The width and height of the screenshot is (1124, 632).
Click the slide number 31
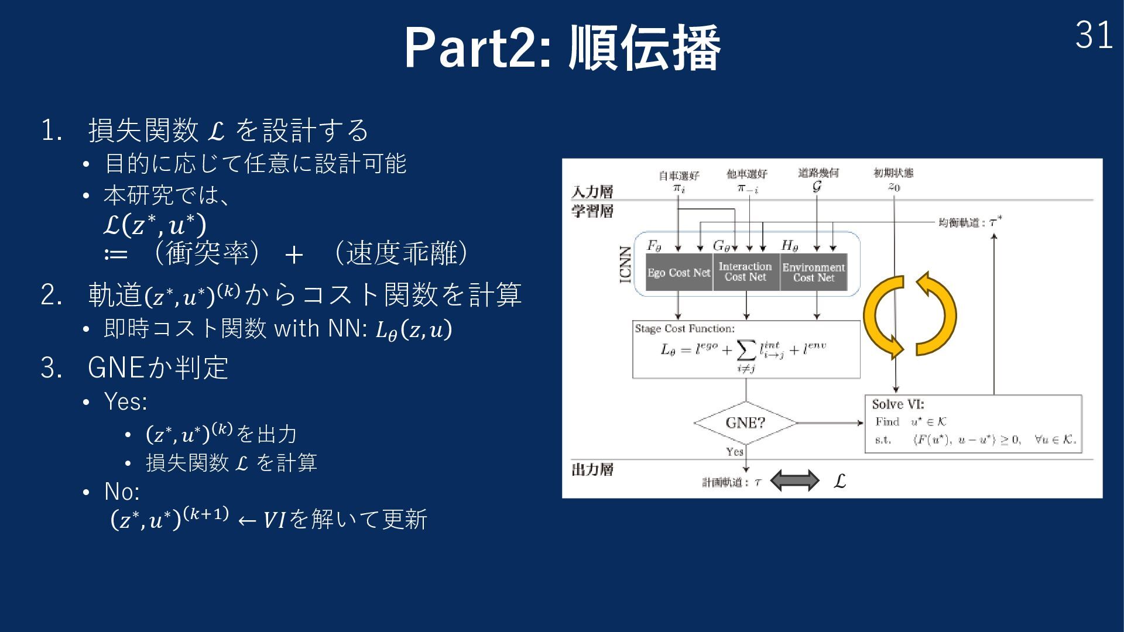pos(1093,36)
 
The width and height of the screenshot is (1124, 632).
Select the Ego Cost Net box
pos(678,273)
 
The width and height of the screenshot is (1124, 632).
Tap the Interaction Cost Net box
pos(745,272)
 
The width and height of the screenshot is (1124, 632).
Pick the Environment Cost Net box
pos(813,273)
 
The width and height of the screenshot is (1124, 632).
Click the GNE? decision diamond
pos(745,423)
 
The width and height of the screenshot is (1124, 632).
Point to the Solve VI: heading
pos(897,404)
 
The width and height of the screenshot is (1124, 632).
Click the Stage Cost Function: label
pos(684,329)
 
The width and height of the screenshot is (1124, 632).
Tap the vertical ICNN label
pos(626,265)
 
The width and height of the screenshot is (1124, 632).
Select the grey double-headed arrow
pos(794,480)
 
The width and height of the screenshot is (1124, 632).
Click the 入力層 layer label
pos(592,192)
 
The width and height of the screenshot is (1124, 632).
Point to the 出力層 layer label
pos(592,470)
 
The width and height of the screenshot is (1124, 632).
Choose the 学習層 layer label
pos(592,211)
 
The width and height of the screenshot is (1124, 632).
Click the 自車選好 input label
pos(678,175)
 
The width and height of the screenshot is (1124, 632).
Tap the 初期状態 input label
pos(893,173)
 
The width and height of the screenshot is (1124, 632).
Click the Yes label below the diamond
pos(734,452)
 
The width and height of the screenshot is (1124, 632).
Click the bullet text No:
pos(122,492)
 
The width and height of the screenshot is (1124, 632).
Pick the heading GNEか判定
pos(158,367)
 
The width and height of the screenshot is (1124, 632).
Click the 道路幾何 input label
pos(818,173)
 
